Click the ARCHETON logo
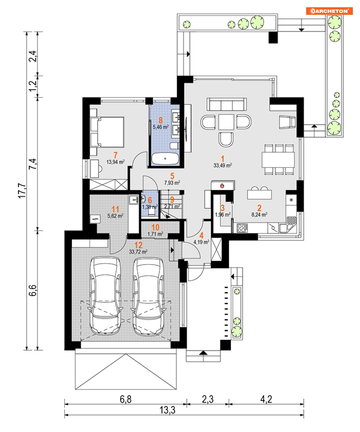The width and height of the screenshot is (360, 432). tap(329, 11)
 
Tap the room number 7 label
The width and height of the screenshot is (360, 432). tap(115, 155)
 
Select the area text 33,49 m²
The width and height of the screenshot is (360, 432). tap(223, 165)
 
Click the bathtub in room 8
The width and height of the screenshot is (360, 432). tap(165, 159)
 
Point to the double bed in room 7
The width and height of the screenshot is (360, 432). tap(107, 132)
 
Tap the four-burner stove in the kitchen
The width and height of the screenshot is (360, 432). tap(242, 228)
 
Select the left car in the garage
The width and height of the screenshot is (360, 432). tap(105, 296)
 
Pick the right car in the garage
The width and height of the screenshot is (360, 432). tap(148, 296)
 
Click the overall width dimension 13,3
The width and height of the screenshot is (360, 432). tap(168, 410)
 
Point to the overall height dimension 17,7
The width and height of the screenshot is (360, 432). tap(22, 191)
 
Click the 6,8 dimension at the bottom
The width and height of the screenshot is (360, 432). tap(126, 399)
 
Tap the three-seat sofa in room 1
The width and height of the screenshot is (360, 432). tap(227, 105)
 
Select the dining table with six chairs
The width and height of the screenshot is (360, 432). tap(279, 160)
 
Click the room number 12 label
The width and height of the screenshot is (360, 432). tap(138, 245)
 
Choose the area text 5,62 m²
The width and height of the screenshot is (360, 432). tap(115, 216)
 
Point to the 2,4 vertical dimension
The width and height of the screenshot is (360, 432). tap(33, 56)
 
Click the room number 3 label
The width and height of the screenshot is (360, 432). tap(223, 208)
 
